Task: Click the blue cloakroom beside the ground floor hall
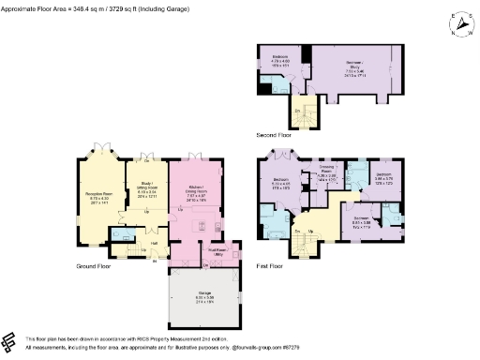coord(122,235)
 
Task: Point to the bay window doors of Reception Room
coord(99,149)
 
